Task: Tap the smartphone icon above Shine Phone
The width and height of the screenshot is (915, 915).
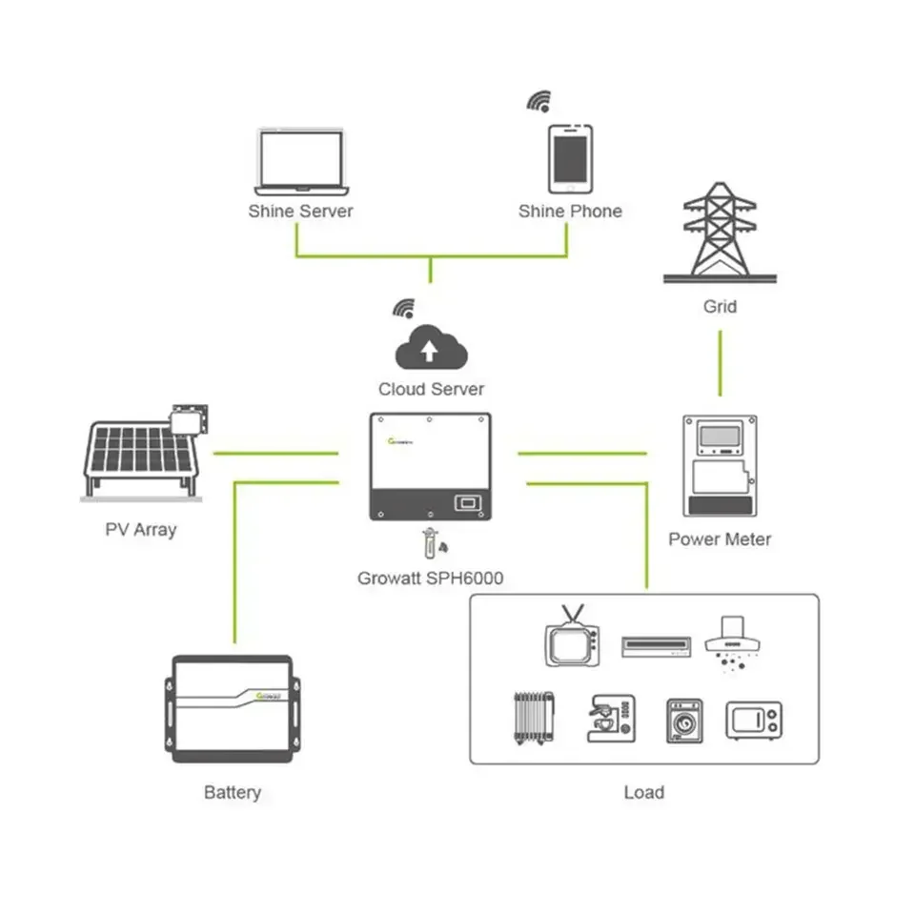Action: coord(569,158)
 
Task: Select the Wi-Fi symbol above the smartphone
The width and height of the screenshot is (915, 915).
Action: coord(540,101)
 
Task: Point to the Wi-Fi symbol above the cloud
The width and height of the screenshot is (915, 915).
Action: coord(405,308)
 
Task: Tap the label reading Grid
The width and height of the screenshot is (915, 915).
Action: coord(721,307)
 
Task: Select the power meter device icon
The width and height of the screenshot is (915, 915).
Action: coord(721,466)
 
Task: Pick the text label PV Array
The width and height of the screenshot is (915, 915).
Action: coord(141,529)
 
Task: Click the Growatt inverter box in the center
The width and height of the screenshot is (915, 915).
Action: coord(430,466)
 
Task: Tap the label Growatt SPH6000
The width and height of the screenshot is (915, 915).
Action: coord(430,578)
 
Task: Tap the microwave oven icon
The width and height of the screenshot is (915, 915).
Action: coord(754,721)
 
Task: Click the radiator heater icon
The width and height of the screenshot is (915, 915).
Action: coord(530,719)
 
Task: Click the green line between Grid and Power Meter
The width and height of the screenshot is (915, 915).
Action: coord(721,363)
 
